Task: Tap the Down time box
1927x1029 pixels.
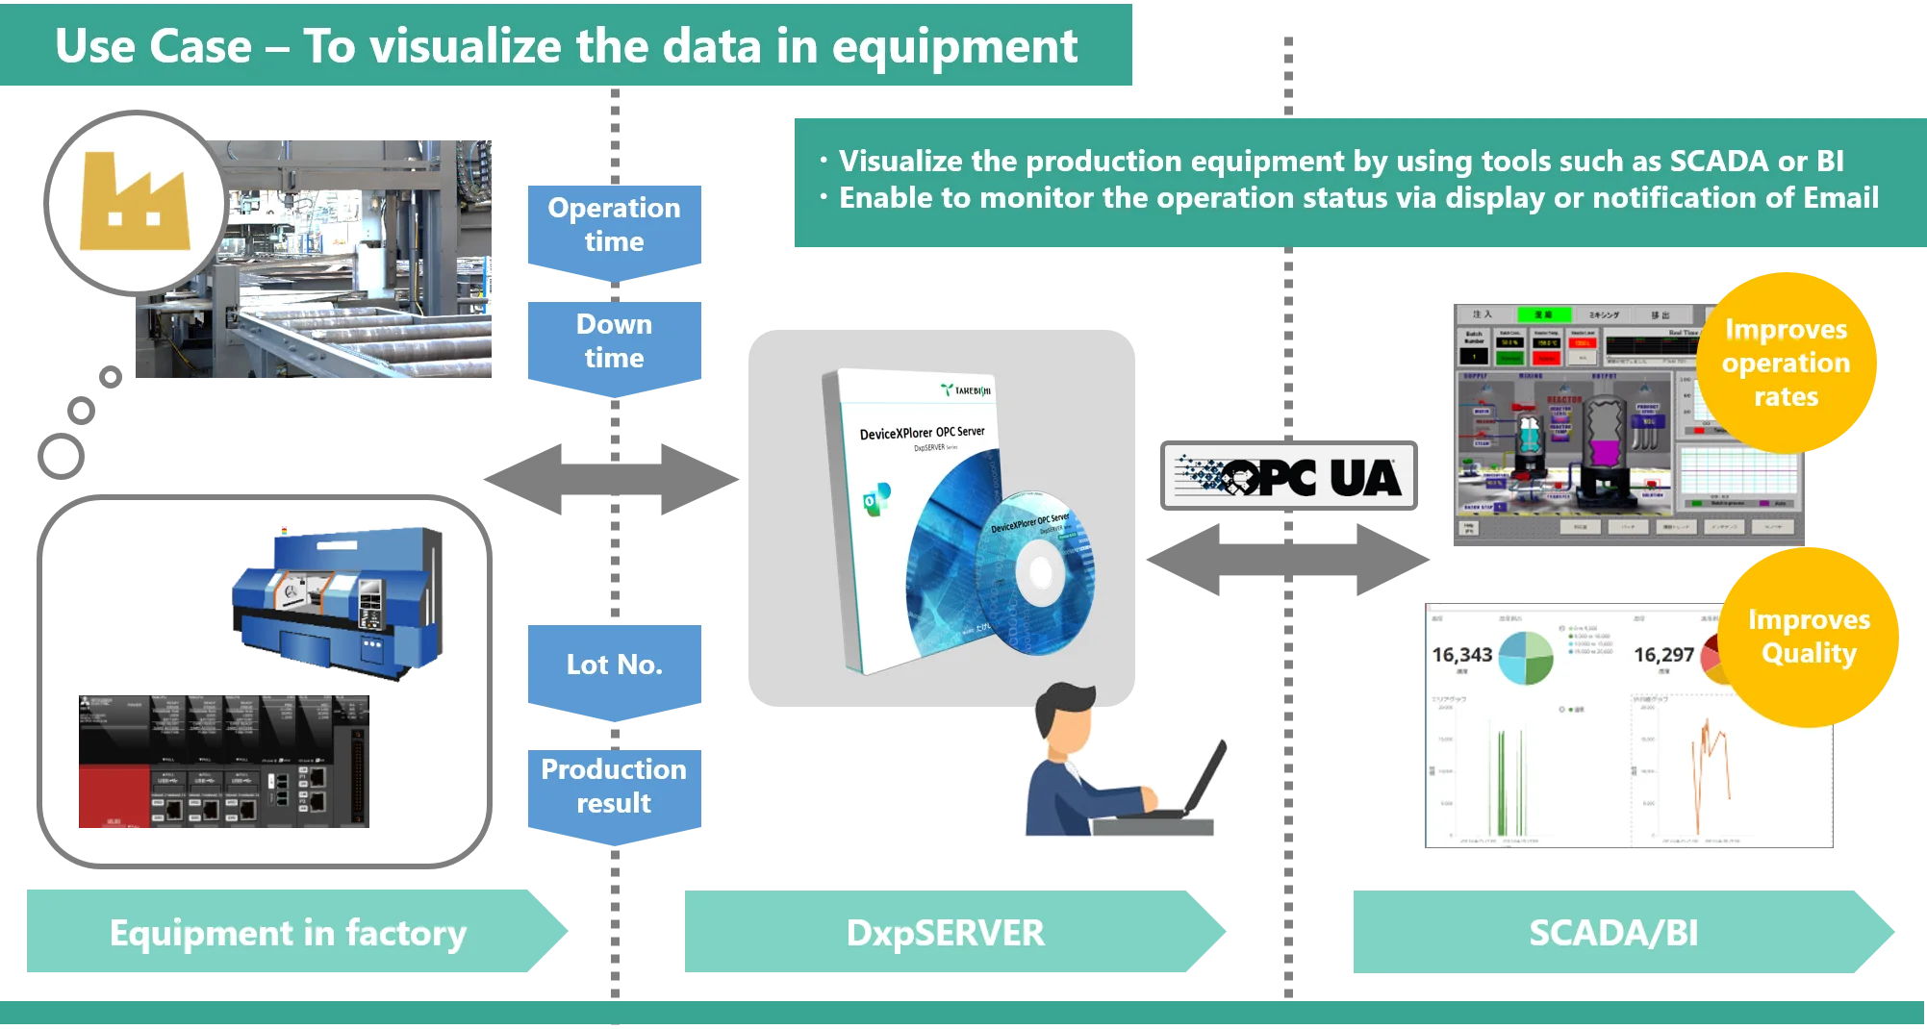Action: click(615, 341)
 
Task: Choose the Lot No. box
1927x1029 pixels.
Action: click(615, 665)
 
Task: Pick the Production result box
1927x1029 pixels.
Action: click(615, 787)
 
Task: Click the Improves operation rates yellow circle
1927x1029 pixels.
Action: click(1786, 363)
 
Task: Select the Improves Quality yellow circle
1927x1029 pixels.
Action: click(1809, 636)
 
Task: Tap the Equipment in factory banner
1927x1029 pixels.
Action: click(289, 933)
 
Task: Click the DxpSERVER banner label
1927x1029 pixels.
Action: click(945, 933)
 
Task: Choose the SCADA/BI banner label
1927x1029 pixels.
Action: click(1613, 933)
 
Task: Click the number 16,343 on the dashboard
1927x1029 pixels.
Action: click(1461, 655)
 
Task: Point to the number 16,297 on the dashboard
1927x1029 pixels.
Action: click(1663, 655)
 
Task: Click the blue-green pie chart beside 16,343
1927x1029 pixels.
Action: click(1527, 658)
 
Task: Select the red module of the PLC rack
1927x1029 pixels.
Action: click(113, 796)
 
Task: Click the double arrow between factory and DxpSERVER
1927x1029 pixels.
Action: click(613, 477)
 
